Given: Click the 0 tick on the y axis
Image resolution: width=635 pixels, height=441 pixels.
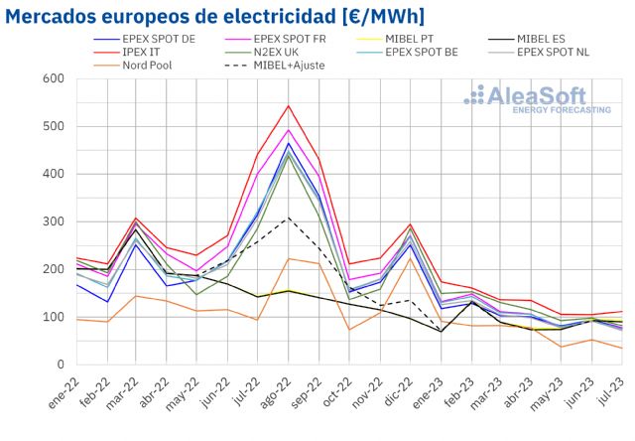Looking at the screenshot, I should [x=60, y=365].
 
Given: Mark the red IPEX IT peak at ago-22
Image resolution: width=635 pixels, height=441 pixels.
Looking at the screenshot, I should [x=289, y=105].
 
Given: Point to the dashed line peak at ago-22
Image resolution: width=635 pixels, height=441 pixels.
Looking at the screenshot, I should [x=289, y=219].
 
